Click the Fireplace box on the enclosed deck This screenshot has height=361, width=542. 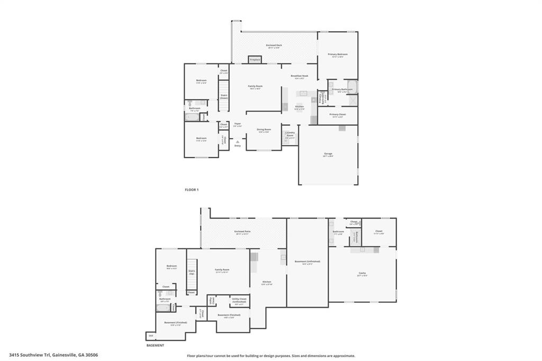tap(255, 60)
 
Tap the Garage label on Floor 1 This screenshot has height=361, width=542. tap(329, 154)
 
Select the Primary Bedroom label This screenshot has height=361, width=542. tap(337, 55)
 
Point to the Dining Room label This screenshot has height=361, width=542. tap(264, 130)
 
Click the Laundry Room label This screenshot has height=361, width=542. tap(290, 134)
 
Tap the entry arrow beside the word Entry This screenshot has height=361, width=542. tap(237, 141)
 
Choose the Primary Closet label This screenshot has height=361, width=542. tap(337, 114)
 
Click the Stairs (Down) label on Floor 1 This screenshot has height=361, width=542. tap(224, 96)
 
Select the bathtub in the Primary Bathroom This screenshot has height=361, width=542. tap(353, 87)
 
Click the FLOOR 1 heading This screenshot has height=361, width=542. tap(192, 189)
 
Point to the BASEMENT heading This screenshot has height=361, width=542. tap(155, 345)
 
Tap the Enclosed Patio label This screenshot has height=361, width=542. tap(242, 232)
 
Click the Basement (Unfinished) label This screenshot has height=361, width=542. tap(307, 261)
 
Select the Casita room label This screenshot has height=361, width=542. tap(362, 273)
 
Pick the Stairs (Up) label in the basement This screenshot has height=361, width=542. tap(192, 272)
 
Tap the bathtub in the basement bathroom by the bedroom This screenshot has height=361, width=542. tap(164, 308)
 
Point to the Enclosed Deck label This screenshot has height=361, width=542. tap(274, 46)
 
